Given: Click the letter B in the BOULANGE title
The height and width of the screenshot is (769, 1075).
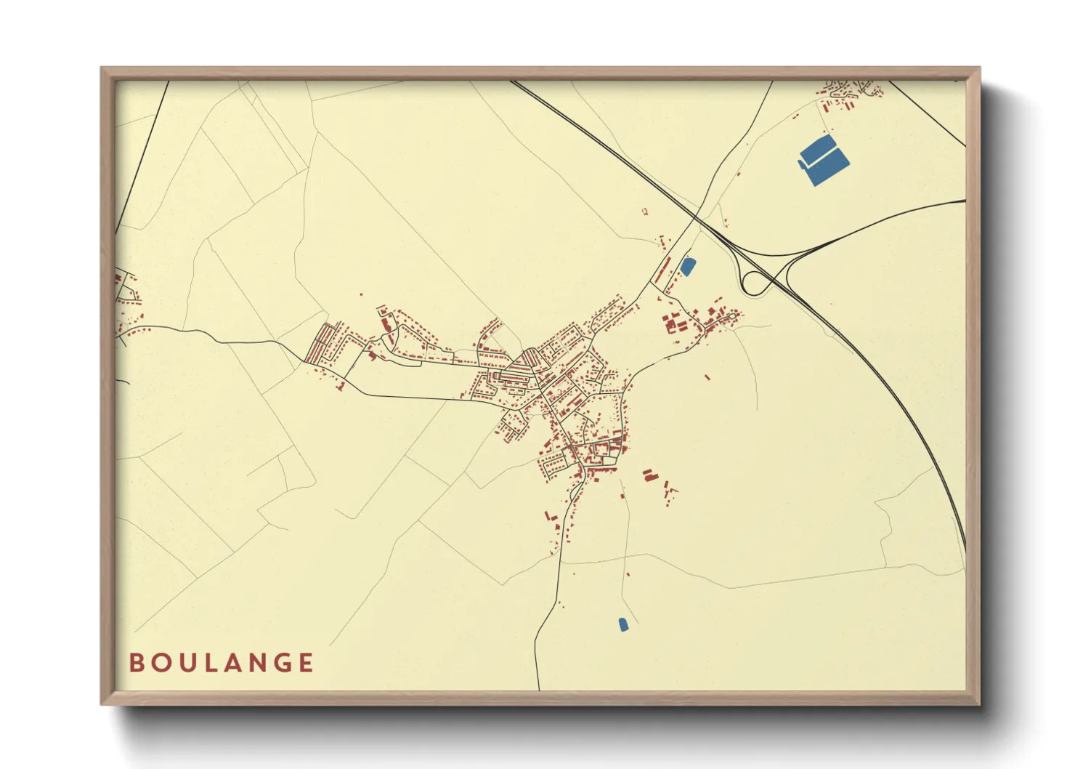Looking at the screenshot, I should pos(137,663).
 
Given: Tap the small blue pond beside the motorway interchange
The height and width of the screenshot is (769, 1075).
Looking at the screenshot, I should pos(686,267).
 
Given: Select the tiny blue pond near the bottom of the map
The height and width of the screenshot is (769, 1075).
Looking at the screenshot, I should pos(622,624).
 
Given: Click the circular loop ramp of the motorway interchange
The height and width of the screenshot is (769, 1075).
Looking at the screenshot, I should pos(755,282).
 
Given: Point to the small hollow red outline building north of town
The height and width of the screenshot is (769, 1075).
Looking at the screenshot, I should pos(644,212).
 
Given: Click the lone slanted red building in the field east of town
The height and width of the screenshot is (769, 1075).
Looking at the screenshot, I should pos(707,377).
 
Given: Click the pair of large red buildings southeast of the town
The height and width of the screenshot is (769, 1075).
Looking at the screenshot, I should pos(649,475).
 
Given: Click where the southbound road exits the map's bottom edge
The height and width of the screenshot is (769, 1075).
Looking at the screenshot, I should pos(539,688).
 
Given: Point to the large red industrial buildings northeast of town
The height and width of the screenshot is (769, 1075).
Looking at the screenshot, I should pos(674,322).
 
